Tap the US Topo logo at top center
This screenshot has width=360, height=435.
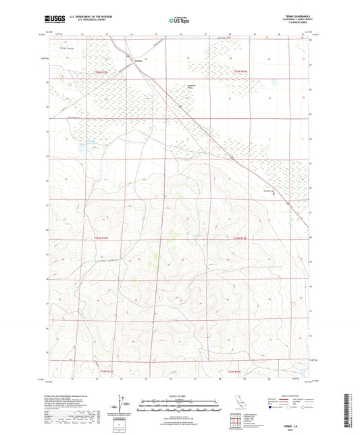coord(179,20)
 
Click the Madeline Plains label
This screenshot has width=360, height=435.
coord(191,86)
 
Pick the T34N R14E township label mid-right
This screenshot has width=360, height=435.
coord(240,238)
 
